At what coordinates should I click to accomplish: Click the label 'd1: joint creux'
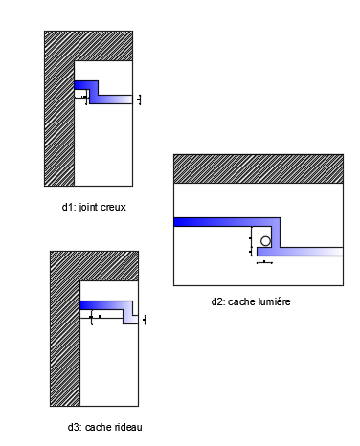[x=94, y=206]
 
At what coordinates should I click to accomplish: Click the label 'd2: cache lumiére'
[x=251, y=301]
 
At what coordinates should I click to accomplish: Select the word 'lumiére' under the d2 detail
[x=272, y=301]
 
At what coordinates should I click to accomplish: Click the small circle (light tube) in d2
[x=265, y=241]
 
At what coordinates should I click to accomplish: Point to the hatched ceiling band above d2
[x=258, y=168]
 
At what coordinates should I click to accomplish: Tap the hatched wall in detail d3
[x=65, y=345]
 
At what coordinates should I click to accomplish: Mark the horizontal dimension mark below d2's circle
[x=265, y=261]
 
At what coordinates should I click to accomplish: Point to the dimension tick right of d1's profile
[x=140, y=99]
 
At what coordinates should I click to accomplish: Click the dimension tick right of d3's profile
[x=145, y=319]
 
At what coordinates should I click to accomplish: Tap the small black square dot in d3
[x=100, y=316]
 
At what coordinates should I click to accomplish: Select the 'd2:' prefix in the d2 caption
[x=218, y=301]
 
